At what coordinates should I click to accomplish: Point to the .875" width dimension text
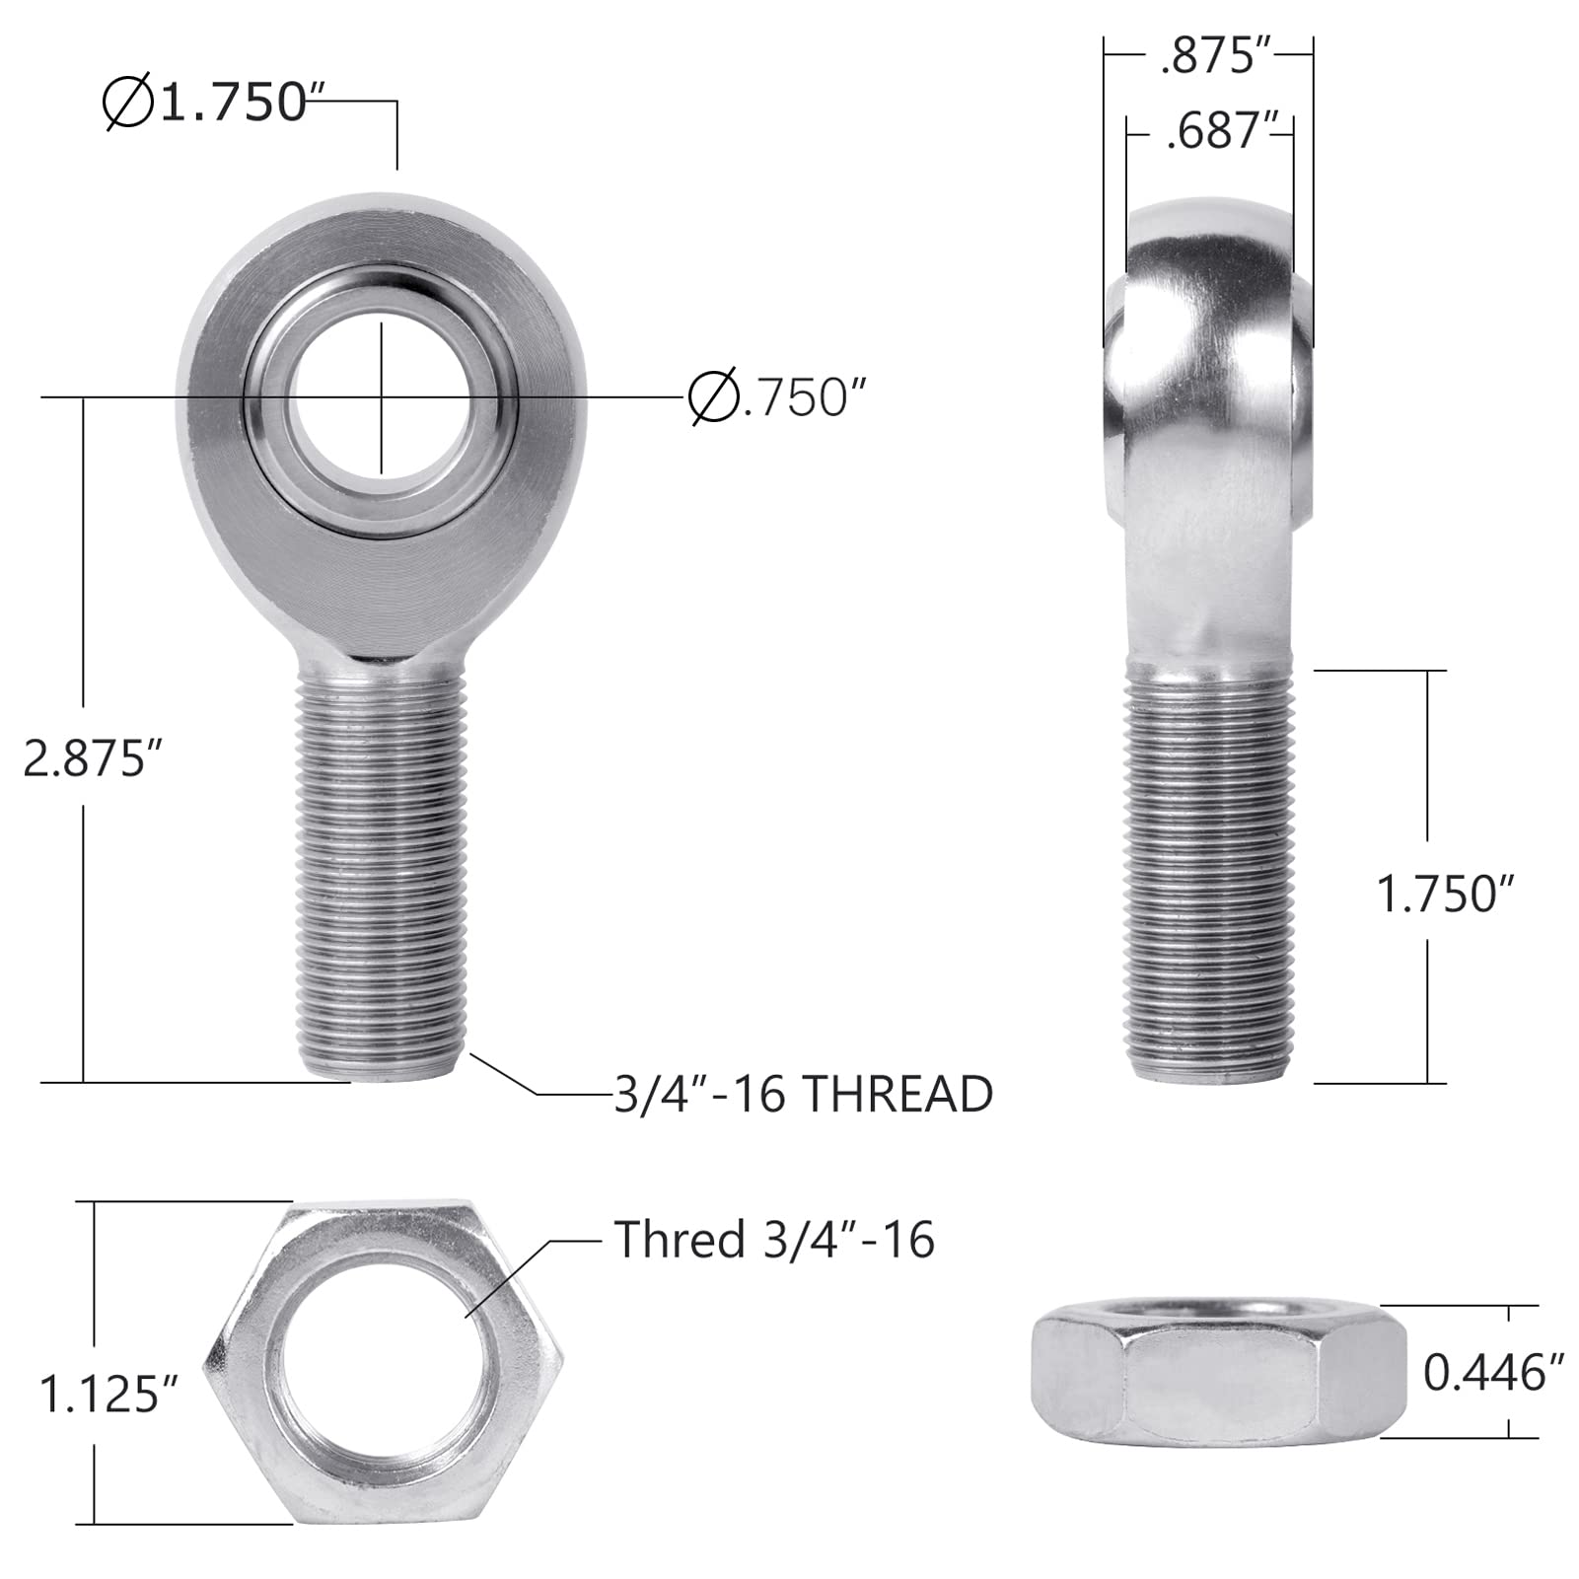coord(1207,58)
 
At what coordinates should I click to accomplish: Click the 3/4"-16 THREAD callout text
coord(803,1095)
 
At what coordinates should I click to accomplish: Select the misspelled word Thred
coord(679,1240)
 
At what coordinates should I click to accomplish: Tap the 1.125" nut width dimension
coord(108,1395)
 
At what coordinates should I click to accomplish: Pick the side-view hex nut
coord(1217,1369)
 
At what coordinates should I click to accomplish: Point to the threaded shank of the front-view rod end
coord(379,868)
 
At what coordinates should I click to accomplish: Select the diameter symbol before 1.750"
coord(127,102)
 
